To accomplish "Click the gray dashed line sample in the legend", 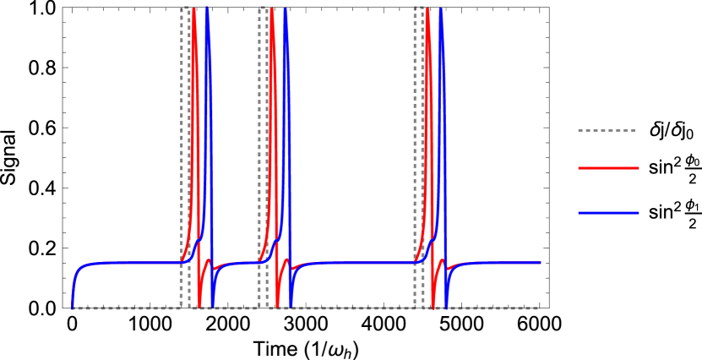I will [x=607, y=131].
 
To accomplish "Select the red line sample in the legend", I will [x=608, y=168].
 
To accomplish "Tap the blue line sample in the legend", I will [x=608, y=212].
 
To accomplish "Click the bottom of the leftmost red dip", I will [x=200, y=305].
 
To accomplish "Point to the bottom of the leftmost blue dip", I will [x=214, y=305].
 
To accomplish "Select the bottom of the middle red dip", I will [x=278, y=305].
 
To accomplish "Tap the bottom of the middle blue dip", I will [x=291, y=305].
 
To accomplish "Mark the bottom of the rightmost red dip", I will [x=433, y=305].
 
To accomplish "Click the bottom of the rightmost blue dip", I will [x=447, y=305].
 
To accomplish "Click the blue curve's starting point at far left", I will [x=73, y=307].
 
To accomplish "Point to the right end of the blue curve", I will [x=541, y=263].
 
